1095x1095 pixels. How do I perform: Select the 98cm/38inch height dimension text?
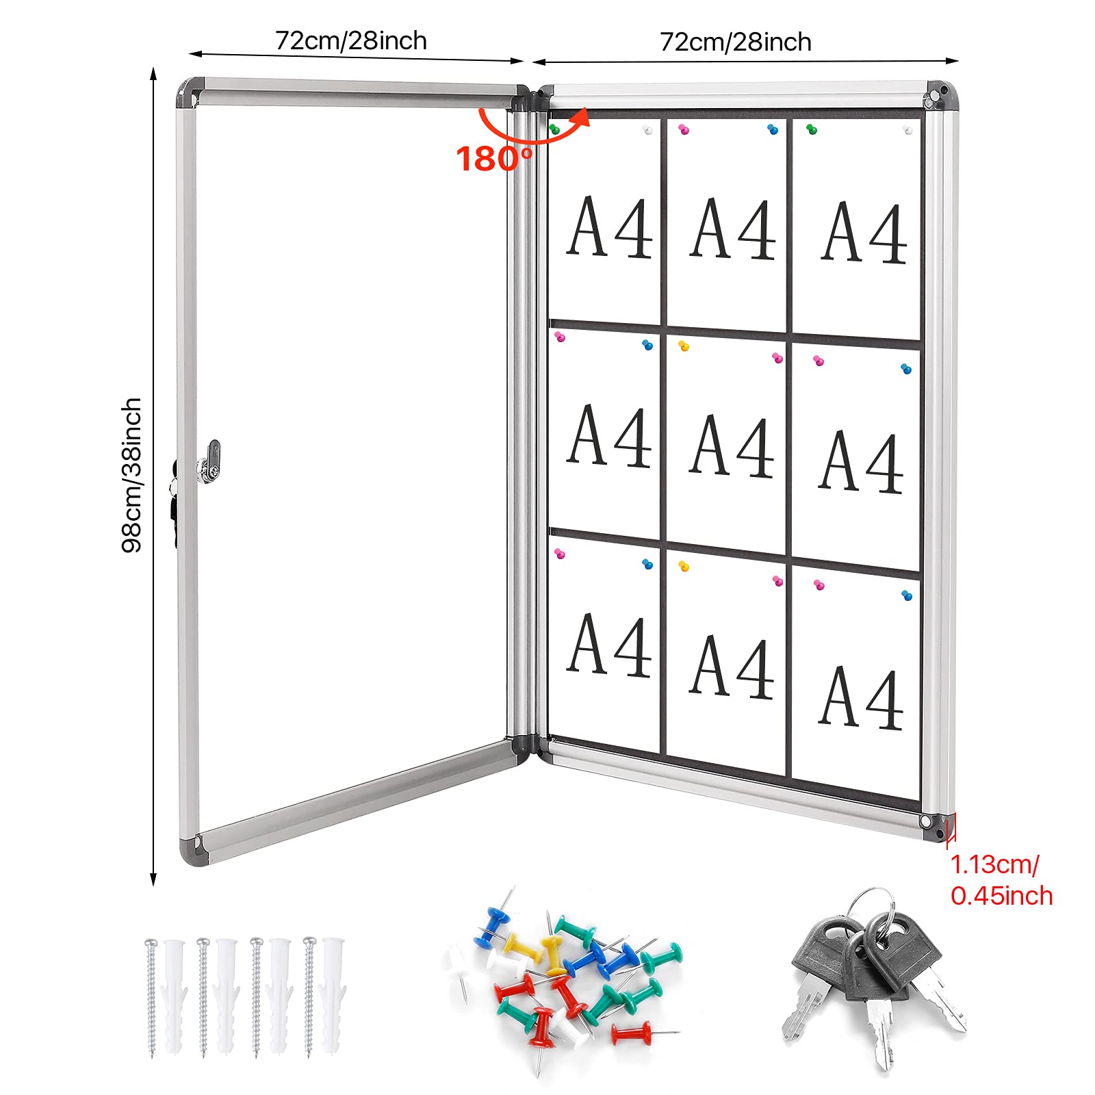(131, 475)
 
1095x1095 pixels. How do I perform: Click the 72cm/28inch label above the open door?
(351, 41)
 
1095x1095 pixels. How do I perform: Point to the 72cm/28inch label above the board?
(736, 42)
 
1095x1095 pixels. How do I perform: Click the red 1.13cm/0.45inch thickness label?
(1001, 880)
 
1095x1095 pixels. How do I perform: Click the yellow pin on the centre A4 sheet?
(684, 346)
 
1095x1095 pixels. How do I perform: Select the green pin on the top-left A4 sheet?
(554, 129)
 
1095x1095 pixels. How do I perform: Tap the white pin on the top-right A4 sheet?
(908, 130)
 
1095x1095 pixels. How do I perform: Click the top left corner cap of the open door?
(190, 91)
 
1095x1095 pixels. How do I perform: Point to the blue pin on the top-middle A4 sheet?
(773, 129)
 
